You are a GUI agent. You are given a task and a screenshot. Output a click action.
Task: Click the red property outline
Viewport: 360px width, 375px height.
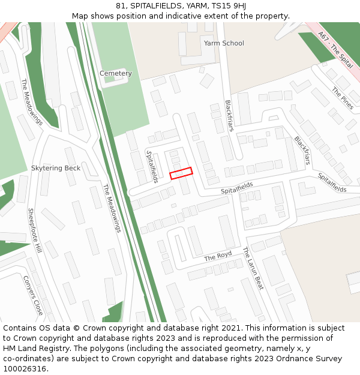tap(181, 173)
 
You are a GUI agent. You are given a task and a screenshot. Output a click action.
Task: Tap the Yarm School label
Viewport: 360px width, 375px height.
tap(224, 43)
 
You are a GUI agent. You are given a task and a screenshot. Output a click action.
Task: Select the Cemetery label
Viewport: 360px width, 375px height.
tap(115, 73)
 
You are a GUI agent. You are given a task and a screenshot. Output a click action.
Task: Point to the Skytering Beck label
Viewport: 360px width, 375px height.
tap(56, 168)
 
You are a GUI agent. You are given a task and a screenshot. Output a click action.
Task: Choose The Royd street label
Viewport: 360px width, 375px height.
tap(218, 256)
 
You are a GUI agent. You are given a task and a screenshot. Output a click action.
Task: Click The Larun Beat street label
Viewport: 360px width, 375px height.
tap(253, 268)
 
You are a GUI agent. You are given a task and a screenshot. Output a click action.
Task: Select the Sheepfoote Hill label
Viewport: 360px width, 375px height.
tap(35, 230)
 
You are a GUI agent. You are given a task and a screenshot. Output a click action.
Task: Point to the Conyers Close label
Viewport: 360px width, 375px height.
tap(33, 295)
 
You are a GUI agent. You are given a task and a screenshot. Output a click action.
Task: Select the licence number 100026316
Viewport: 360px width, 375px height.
tap(24, 368)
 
